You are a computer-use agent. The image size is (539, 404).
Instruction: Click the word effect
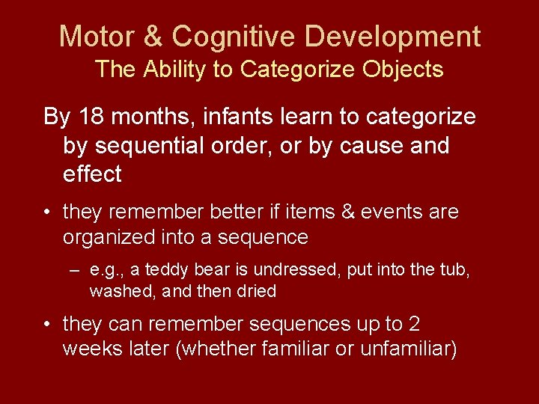(x=92, y=174)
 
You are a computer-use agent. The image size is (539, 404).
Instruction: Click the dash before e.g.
(x=75, y=270)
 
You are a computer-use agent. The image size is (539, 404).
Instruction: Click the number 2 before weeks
(x=414, y=324)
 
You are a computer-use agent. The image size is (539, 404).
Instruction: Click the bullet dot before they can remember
(x=47, y=325)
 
